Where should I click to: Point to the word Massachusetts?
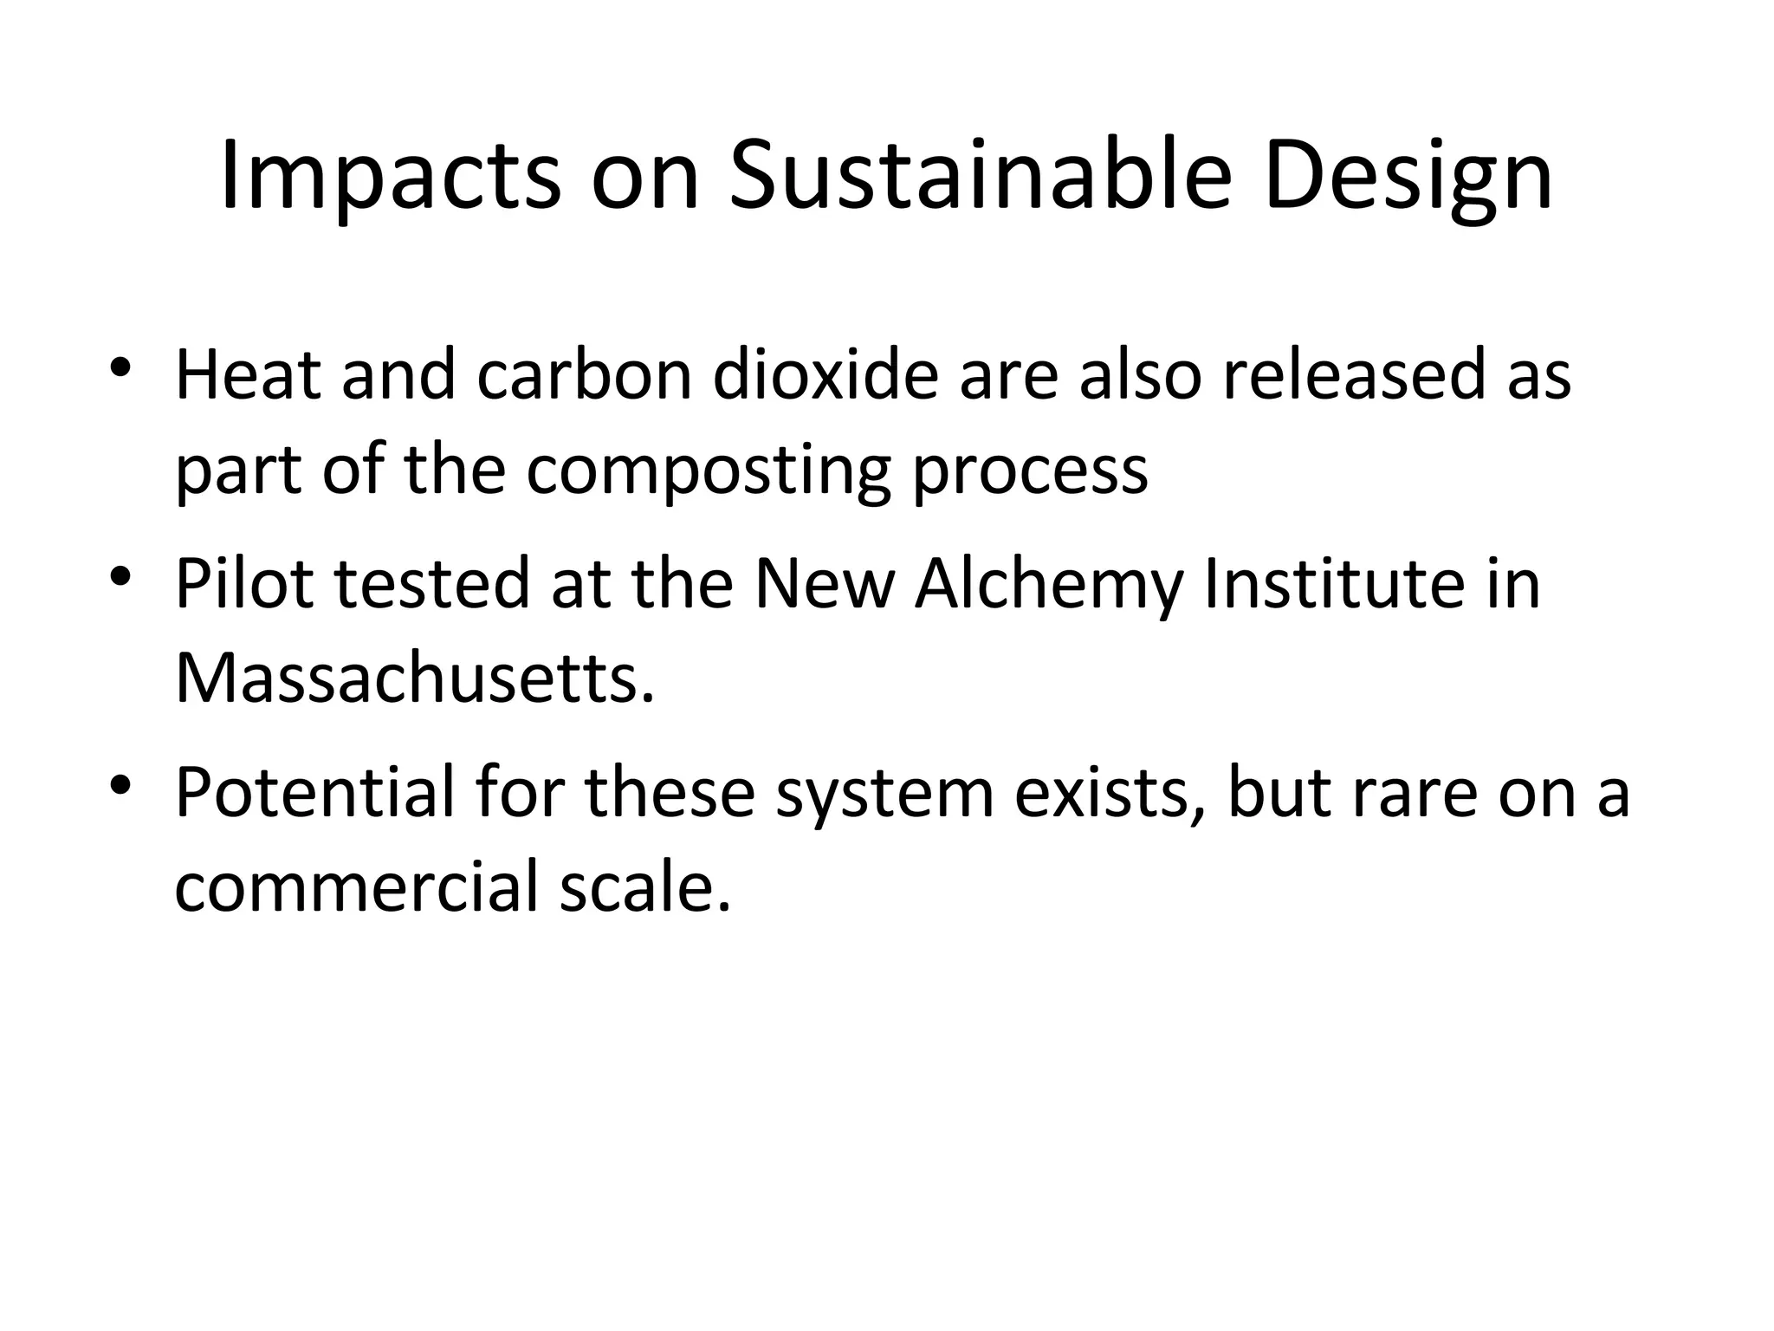coord(414,678)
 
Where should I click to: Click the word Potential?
coord(314,792)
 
